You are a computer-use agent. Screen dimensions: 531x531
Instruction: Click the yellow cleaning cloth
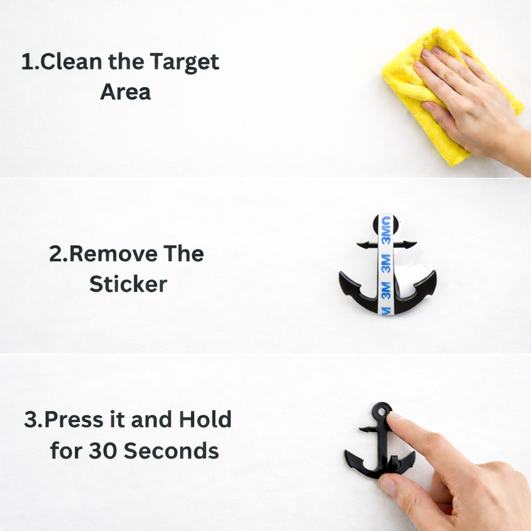click(410, 83)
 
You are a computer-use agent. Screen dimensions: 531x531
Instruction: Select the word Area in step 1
click(125, 92)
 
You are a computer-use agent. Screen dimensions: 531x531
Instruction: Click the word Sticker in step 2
click(128, 284)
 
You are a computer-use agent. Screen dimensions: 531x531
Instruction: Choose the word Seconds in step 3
click(172, 451)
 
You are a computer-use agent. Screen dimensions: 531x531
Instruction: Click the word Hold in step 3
click(205, 420)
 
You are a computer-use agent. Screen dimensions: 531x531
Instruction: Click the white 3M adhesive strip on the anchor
click(386, 264)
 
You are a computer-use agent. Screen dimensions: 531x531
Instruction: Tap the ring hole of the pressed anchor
click(382, 411)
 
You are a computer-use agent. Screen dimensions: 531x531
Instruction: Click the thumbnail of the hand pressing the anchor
click(387, 485)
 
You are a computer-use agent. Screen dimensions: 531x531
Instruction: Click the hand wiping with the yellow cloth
click(467, 104)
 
